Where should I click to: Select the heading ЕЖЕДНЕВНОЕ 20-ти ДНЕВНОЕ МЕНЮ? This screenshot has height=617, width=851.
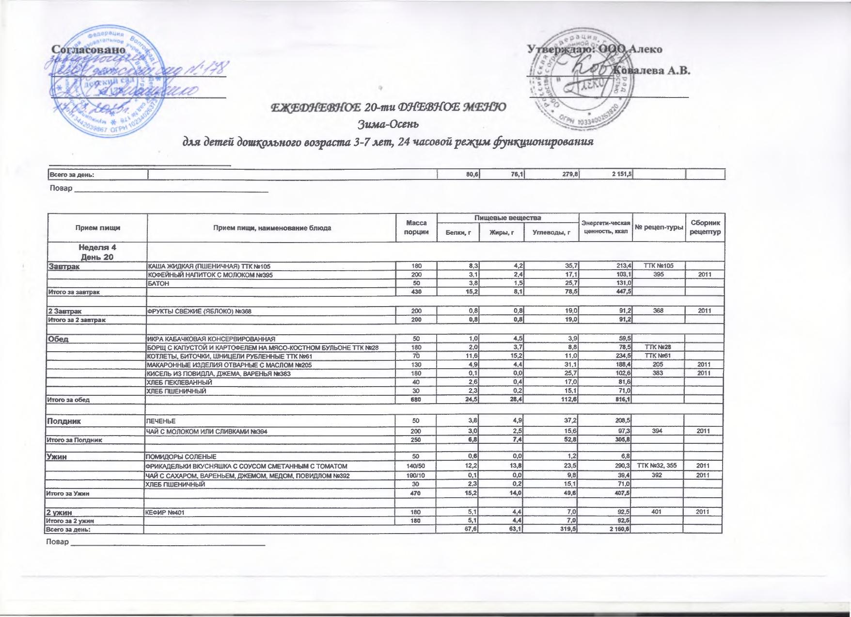pyautogui.click(x=388, y=107)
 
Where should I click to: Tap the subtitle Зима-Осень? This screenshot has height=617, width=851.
pyautogui.click(x=388, y=125)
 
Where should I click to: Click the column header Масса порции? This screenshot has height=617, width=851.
pyautogui.click(x=416, y=227)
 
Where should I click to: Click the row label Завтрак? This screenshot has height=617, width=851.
pyautogui.click(x=63, y=266)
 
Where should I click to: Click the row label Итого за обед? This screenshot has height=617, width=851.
pyautogui.click(x=68, y=400)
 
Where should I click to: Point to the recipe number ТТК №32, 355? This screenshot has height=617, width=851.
pyautogui.click(x=657, y=466)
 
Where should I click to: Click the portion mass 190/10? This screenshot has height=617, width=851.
pyautogui.click(x=416, y=475)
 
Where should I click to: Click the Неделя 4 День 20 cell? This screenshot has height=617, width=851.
pyautogui.click(x=97, y=252)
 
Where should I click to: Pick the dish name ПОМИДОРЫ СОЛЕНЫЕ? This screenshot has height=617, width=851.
pyautogui.click(x=181, y=457)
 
